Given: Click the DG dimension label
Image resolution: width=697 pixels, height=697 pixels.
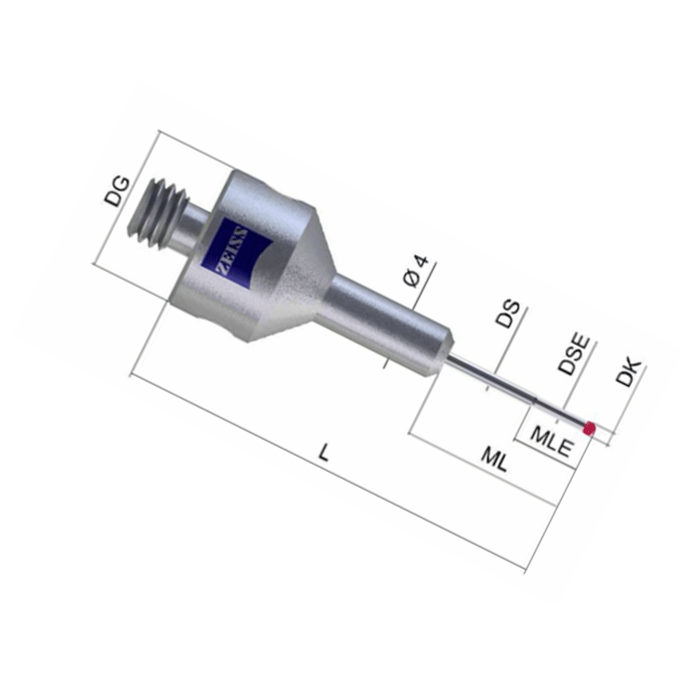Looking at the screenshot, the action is pos(118,192).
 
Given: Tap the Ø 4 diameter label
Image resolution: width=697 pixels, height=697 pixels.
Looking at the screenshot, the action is pos(416,271).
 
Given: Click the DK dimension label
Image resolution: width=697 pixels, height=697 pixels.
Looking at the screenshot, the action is pos(629,372).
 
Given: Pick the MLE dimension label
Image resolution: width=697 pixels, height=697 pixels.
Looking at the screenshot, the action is pos(552,442).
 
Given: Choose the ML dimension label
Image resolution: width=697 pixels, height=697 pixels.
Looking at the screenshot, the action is pos(494,460).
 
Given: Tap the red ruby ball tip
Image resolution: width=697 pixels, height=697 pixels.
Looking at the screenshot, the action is pos(590,428).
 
